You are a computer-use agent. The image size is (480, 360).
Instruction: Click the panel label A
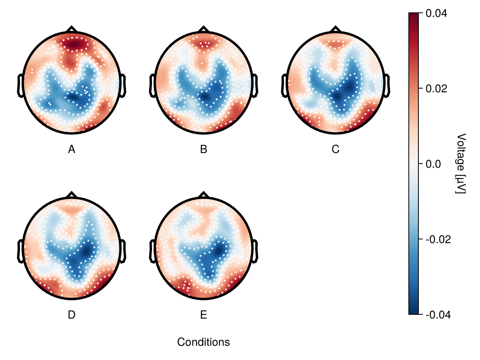point(72,150)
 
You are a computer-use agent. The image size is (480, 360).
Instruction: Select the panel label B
point(204,150)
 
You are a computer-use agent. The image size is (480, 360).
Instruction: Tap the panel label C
point(335,150)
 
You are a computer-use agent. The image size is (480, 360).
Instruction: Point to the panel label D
point(72,315)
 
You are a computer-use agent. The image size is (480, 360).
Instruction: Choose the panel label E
point(204,315)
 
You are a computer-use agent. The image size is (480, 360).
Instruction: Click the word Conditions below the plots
point(204,342)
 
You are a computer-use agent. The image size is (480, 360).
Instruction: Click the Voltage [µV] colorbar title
point(461,164)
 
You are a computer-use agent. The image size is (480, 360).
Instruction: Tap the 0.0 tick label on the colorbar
point(434,164)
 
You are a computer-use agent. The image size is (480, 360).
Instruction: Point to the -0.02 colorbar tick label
point(438,239)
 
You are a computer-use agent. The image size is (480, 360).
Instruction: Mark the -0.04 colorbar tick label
point(438,315)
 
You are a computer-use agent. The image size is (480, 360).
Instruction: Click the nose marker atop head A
point(72,29)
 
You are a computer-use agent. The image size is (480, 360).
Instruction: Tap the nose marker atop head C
point(335,29)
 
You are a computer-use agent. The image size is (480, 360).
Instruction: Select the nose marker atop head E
point(204,194)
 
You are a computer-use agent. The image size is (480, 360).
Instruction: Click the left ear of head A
point(20,85)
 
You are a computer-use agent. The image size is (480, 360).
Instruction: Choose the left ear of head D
point(20,251)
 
